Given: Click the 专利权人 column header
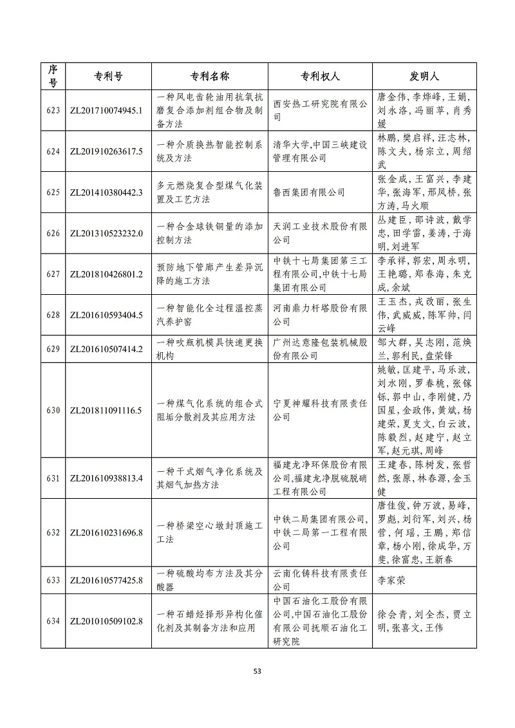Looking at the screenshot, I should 319,76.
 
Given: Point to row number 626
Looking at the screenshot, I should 53,233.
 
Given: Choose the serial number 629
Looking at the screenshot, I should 53,349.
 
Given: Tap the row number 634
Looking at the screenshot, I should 53,621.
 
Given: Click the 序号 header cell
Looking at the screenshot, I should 53,76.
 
